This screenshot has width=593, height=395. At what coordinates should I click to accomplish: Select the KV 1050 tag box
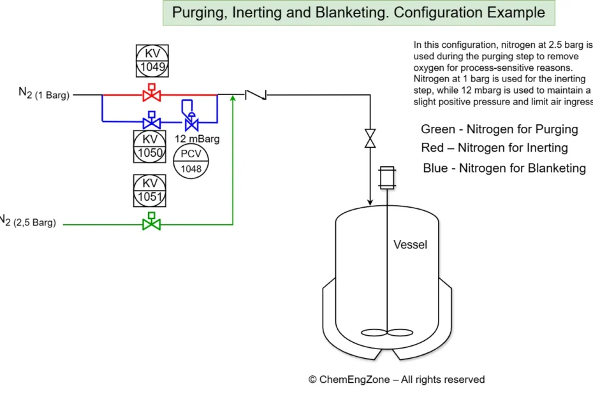click(150, 146)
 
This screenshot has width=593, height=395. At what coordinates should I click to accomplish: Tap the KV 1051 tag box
click(150, 190)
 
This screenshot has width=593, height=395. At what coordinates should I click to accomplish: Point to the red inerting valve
click(151, 95)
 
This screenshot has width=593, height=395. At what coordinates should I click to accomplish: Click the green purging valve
click(151, 224)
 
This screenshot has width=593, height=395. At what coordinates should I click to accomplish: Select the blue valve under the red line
click(151, 122)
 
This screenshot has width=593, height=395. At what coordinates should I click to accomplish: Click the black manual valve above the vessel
click(370, 138)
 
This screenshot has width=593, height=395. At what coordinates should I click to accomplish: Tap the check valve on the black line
click(256, 95)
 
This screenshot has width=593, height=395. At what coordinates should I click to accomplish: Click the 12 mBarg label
click(197, 138)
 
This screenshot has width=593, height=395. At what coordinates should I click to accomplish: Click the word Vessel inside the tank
click(410, 245)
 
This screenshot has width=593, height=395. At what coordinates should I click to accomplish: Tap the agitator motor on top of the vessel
click(386, 177)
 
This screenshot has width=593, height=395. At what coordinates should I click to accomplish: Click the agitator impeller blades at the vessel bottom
click(386, 332)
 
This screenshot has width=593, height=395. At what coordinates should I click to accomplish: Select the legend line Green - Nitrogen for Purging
click(499, 129)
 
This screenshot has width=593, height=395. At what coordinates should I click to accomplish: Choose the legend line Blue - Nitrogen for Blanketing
click(504, 168)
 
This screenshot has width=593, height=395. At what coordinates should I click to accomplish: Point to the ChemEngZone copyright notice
click(396, 379)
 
